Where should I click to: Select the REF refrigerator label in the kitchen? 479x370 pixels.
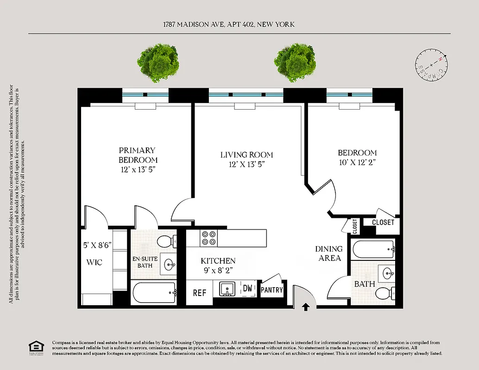pos(199,293)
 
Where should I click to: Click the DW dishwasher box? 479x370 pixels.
pos(248,289)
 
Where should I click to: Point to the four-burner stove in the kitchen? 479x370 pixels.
pos(209,238)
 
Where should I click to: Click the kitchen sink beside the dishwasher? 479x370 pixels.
pos(227,289)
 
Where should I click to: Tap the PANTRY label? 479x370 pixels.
pos(271,290)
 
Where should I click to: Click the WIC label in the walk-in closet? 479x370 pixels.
pos(94,262)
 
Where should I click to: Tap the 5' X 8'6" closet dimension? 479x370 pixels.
pos(97,245)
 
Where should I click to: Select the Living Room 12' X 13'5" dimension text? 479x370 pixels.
pos(246,164)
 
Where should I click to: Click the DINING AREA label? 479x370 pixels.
pos(329,253)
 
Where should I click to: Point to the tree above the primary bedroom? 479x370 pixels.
pos(158,63)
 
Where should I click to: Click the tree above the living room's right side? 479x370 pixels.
pos(295,63)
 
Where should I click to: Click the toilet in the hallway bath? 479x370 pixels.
pos(384,293)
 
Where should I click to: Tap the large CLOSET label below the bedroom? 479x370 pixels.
pos(383,222)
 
